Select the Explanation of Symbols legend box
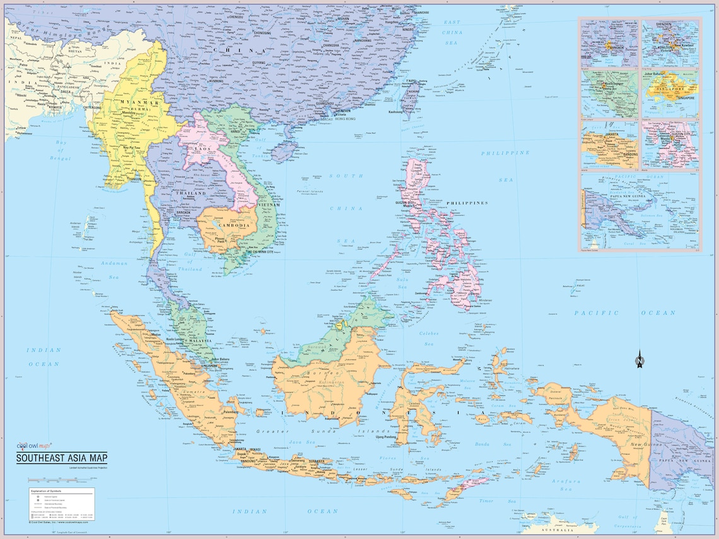(61, 504)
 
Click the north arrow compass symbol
(640, 360)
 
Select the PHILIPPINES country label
(467, 203)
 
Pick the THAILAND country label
(190, 194)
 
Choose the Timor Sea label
(486, 501)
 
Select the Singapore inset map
(670, 93)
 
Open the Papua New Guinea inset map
(640, 212)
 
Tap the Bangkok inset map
(609, 43)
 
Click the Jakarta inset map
(609, 145)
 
